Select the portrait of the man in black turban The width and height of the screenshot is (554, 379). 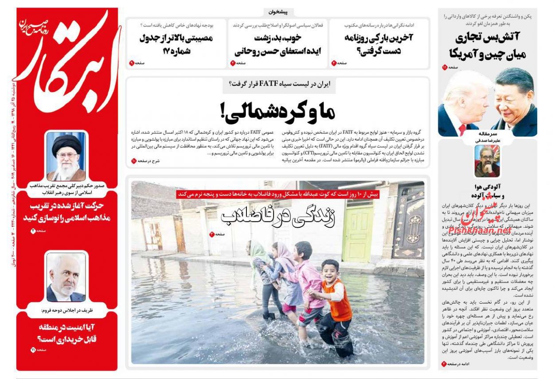(66, 156)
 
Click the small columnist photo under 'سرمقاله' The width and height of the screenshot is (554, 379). (487, 161)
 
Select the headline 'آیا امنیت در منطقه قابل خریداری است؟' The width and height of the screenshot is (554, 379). (66, 334)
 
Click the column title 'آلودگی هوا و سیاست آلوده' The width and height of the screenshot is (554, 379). (487, 191)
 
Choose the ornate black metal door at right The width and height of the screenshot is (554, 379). (408, 222)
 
